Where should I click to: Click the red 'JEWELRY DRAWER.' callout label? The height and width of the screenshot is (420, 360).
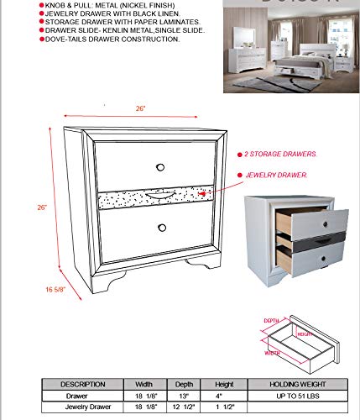point(275,176)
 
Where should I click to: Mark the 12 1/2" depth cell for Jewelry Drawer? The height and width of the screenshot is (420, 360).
point(181,407)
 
